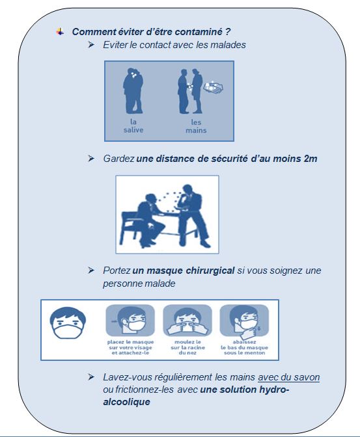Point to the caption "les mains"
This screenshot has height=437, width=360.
(x=195, y=126)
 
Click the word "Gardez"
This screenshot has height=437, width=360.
(x=118, y=159)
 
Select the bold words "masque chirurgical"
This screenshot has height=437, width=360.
(x=192, y=271)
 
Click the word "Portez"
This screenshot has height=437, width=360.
(x=117, y=271)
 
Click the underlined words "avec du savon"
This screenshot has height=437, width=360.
(x=288, y=377)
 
